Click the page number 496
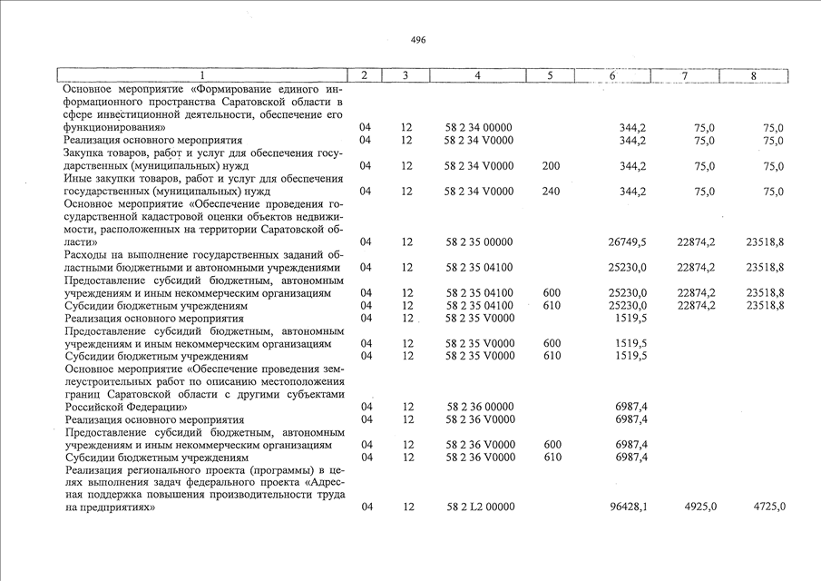pos(417,40)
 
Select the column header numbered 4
pos(477,75)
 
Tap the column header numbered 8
pos(753,75)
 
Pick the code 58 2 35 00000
pos(481,242)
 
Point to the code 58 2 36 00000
pos(481,408)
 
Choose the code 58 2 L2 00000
pos(481,507)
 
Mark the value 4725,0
pos(767,507)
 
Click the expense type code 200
pos(551,167)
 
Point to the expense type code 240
pos(551,192)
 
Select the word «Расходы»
pos(90,255)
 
